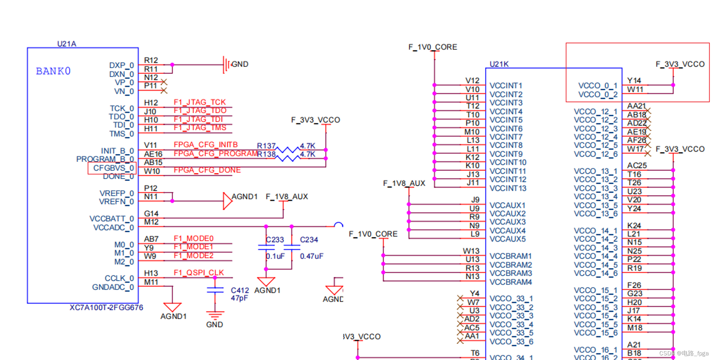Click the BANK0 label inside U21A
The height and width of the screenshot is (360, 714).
(x=53, y=71)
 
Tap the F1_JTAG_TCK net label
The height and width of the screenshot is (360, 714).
(x=200, y=102)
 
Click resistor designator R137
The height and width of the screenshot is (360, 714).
(x=266, y=146)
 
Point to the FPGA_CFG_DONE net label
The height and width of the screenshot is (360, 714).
(x=207, y=170)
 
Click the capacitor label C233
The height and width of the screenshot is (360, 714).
(x=275, y=240)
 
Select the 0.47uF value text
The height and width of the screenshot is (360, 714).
(x=311, y=256)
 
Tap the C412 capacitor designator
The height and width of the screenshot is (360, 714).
(x=240, y=290)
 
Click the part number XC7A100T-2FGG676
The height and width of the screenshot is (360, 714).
(x=106, y=308)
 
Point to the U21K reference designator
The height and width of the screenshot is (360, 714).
(x=499, y=64)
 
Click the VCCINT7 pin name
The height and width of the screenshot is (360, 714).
(x=506, y=137)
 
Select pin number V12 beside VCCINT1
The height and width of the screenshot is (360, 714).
(x=472, y=81)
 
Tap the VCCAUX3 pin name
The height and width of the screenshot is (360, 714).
(x=507, y=222)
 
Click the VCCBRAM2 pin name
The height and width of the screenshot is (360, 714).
(x=511, y=265)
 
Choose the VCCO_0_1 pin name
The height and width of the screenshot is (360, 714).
(x=597, y=86)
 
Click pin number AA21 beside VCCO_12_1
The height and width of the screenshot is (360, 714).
(x=636, y=106)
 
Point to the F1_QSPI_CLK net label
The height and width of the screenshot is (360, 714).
(x=199, y=273)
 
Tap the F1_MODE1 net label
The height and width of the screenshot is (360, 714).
(x=193, y=247)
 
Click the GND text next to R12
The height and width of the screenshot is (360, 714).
(x=240, y=64)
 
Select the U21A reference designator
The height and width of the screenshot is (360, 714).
(x=67, y=44)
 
